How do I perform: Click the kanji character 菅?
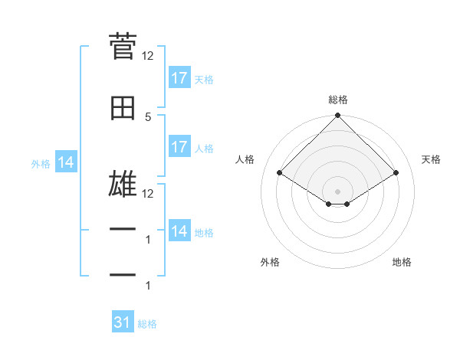(x=123, y=48)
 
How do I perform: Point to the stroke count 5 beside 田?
(x=148, y=116)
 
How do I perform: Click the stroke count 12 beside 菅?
(x=148, y=55)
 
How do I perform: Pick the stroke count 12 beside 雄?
(x=148, y=193)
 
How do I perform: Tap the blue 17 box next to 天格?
(x=179, y=78)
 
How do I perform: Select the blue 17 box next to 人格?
(x=179, y=147)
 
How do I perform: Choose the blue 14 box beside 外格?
(x=65, y=162)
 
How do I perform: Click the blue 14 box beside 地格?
(x=179, y=231)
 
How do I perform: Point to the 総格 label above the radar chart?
(x=338, y=100)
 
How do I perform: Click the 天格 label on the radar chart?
(x=432, y=159)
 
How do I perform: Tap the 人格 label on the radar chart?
(x=245, y=159)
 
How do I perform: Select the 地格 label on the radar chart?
(x=402, y=262)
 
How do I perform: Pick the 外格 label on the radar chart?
(x=270, y=262)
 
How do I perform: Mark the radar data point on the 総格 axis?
(x=338, y=116)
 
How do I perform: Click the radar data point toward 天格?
(x=396, y=172)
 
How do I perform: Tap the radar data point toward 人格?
(x=280, y=172)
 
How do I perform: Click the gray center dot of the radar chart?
(x=338, y=191)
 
